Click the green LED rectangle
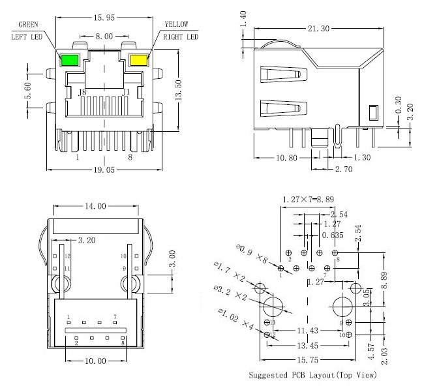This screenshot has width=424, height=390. (x=70, y=60)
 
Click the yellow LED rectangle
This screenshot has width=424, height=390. (x=139, y=60)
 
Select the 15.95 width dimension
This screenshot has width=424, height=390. (x=104, y=18)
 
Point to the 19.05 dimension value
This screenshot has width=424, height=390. (x=104, y=170)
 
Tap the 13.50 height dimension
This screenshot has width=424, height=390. (x=179, y=90)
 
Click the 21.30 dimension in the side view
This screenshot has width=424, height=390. (x=318, y=29)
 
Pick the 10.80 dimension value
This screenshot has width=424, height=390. (x=286, y=158)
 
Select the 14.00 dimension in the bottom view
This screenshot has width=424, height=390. (x=95, y=207)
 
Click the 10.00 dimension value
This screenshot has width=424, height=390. (x=95, y=361)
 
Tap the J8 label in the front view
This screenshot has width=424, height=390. (x=82, y=93)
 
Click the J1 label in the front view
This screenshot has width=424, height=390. (x=125, y=93)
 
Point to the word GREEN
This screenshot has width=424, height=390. (x=28, y=25)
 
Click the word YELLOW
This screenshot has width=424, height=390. (x=176, y=24)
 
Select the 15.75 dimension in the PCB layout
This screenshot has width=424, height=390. (x=308, y=360)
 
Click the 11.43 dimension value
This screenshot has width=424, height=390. (x=308, y=331)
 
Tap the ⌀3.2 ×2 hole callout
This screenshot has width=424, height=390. (x=230, y=293)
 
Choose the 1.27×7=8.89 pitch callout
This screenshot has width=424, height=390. (x=309, y=200)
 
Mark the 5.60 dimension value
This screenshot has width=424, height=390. (x=28, y=91)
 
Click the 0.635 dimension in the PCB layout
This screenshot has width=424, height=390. (x=333, y=235)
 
